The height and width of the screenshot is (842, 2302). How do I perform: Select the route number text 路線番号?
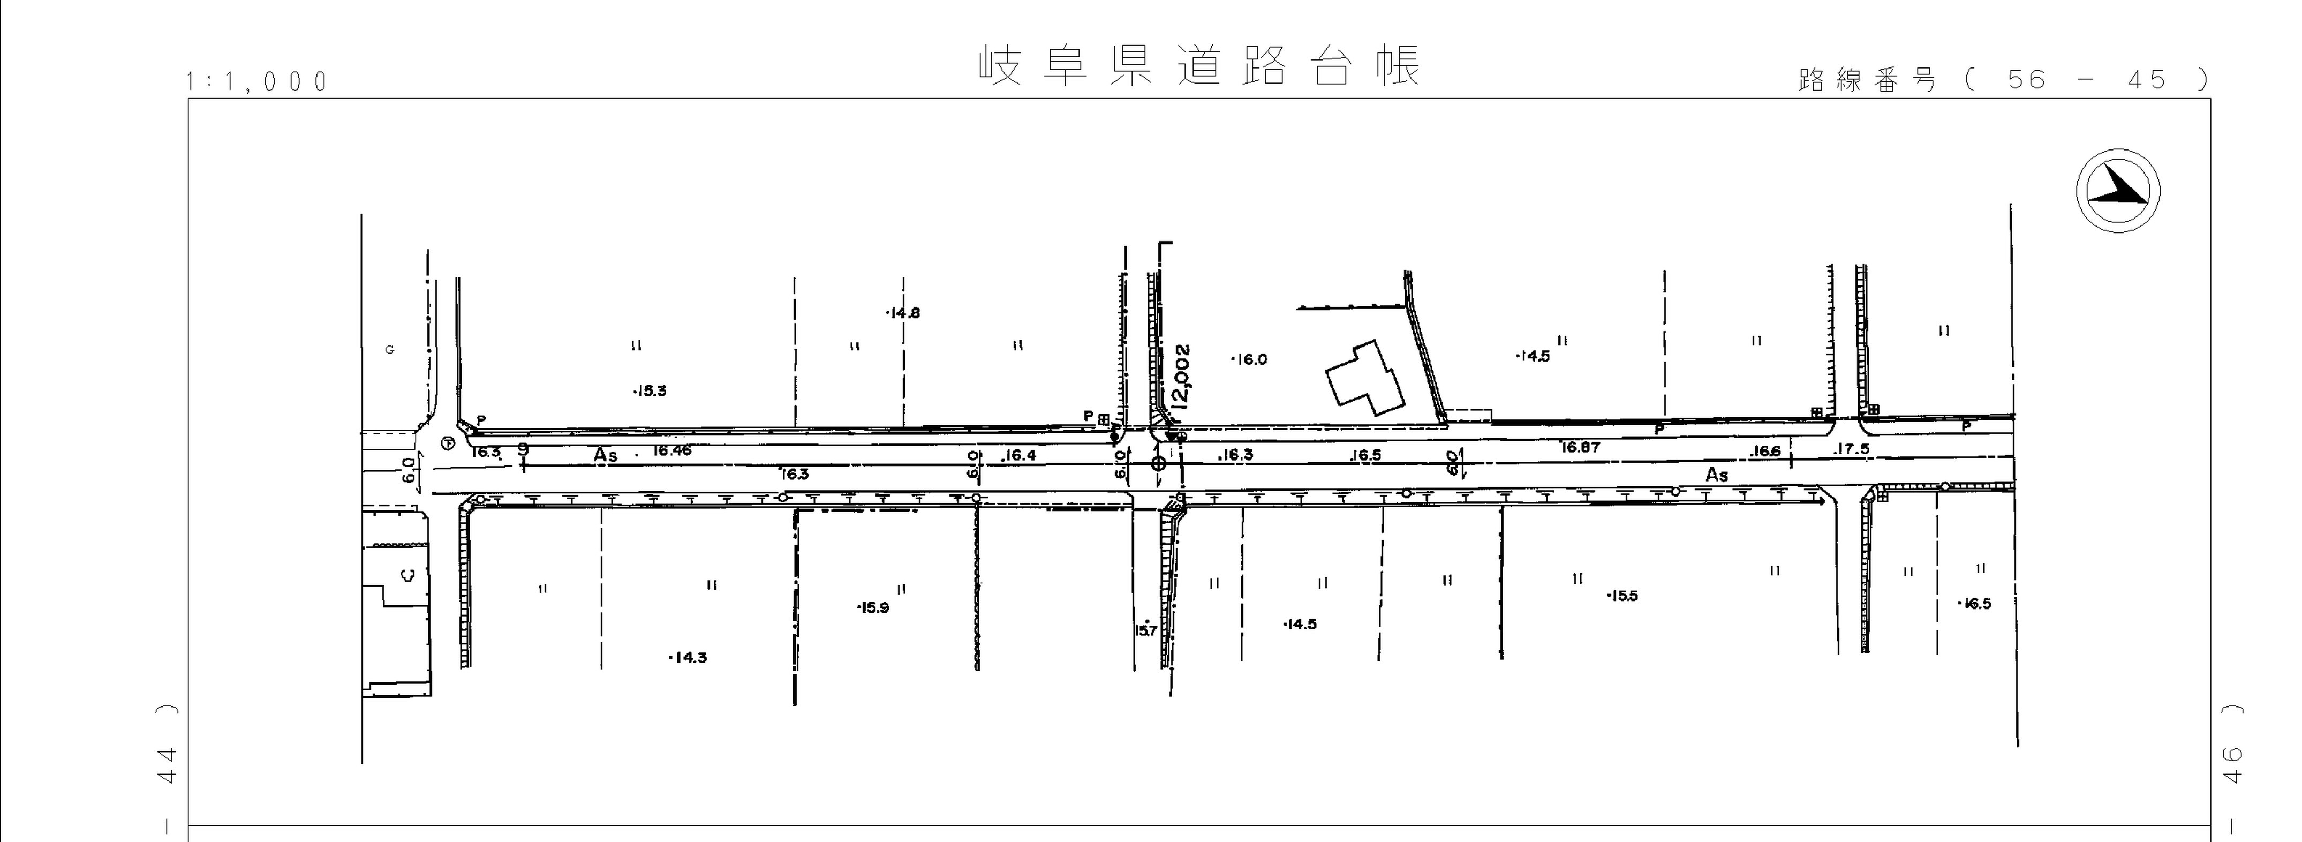point(1867,80)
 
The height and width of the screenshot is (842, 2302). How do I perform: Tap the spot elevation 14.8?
point(903,313)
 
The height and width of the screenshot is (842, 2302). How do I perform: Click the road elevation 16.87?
point(1580,447)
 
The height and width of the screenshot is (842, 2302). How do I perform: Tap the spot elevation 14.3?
point(689,658)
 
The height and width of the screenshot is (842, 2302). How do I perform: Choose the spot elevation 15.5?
point(1623,596)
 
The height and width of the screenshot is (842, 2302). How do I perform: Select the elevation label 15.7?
point(1145,630)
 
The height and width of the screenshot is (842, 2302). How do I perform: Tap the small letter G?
point(390,349)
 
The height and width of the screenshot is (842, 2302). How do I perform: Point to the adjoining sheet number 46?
point(2231,765)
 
